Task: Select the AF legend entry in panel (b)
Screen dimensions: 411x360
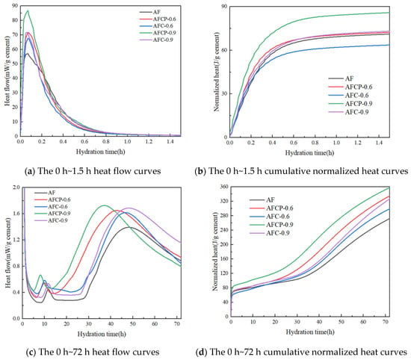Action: coord(341,78)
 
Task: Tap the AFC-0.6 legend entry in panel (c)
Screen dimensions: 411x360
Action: coord(52,206)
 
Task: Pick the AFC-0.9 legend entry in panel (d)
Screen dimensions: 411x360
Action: coord(270,233)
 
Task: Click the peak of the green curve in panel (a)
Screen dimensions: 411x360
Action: coord(28,10)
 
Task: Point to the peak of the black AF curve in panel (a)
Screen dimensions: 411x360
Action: coord(27,53)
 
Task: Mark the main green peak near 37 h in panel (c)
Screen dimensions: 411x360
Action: coord(105,205)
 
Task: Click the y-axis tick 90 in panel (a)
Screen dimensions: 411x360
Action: coord(15,6)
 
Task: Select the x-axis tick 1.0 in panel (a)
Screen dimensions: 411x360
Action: coord(127,141)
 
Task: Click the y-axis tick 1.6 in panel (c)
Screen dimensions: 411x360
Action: coord(16,214)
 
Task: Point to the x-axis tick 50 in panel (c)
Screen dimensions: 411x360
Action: coord(132,324)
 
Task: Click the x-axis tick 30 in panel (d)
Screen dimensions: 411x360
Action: coord(297,322)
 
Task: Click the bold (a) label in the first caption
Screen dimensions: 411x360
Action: coord(31,171)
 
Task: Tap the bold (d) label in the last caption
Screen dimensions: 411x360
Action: coord(202,352)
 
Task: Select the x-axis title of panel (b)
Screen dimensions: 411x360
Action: coord(309,153)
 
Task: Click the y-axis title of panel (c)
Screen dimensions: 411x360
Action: coord(8,253)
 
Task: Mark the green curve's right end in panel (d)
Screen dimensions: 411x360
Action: coord(389,187)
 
